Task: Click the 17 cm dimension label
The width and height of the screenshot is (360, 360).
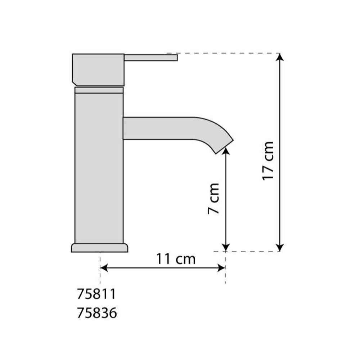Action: [268, 161]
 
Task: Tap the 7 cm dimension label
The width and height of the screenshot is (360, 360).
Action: [213, 199]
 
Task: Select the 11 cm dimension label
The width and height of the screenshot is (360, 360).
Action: [176, 259]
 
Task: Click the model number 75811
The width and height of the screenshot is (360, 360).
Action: [96, 294]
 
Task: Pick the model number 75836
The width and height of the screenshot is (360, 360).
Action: [96, 313]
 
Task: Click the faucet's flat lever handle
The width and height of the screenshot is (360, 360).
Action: [151, 58]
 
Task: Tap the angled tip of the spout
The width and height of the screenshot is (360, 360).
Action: [225, 147]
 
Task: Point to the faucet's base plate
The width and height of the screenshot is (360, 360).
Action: [99, 248]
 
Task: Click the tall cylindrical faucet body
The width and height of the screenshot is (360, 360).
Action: [99, 168]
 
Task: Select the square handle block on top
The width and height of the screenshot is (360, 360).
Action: [98, 70]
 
